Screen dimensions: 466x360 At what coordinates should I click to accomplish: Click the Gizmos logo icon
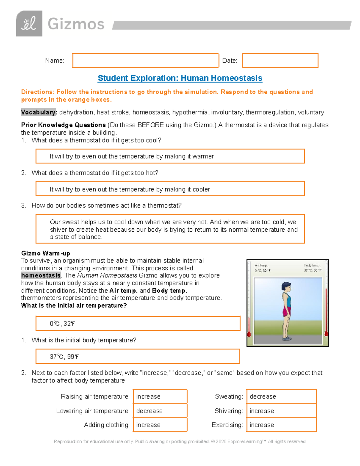click(29, 24)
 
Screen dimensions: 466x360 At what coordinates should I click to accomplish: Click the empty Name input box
click(145, 60)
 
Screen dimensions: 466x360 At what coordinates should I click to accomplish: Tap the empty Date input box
click(280, 60)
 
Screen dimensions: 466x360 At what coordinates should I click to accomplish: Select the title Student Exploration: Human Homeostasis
click(180, 78)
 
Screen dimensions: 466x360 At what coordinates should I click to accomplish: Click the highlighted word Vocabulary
click(38, 112)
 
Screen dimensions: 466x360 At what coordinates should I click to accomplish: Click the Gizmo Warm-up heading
click(46, 253)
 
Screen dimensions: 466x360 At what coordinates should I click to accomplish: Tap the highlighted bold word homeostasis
click(41, 275)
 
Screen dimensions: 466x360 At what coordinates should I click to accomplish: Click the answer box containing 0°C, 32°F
click(138, 323)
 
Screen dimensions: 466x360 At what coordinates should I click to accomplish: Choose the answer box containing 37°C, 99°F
click(138, 356)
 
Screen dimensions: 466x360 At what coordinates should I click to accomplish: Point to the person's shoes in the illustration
click(287, 338)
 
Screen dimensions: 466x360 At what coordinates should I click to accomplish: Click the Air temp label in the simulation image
click(261, 266)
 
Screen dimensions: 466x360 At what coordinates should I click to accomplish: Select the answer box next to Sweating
click(281, 396)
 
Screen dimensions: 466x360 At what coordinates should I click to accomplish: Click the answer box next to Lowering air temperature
click(160, 411)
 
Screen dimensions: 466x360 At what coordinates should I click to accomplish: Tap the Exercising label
click(227, 425)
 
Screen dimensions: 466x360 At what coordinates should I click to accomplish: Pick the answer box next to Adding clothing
click(160, 425)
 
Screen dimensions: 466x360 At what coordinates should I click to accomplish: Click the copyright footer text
click(179, 441)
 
